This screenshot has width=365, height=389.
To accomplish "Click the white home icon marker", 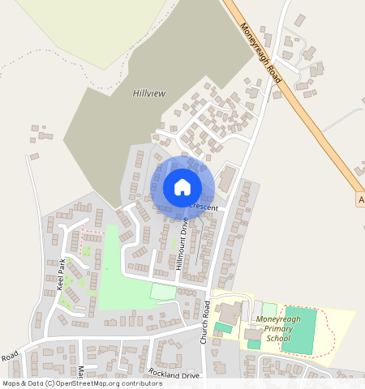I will pos(182,187).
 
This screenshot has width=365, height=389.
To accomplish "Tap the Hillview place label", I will pos(148,94).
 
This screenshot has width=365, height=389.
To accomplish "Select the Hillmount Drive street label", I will pos(182,243).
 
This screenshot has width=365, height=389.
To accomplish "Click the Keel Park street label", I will pos(60,274).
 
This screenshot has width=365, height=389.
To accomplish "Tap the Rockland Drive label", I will pos(174,374).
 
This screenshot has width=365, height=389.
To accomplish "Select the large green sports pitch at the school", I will pos(298,329).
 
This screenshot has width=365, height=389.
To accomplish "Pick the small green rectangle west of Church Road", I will pos(163,291).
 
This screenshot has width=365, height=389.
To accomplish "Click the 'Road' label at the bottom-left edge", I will pos(9,356).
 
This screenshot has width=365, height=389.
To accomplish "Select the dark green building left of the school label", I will pos(222,328).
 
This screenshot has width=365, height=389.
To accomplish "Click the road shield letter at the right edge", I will pos(361,199).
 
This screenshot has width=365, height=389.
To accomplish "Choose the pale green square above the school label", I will pos(269,309).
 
